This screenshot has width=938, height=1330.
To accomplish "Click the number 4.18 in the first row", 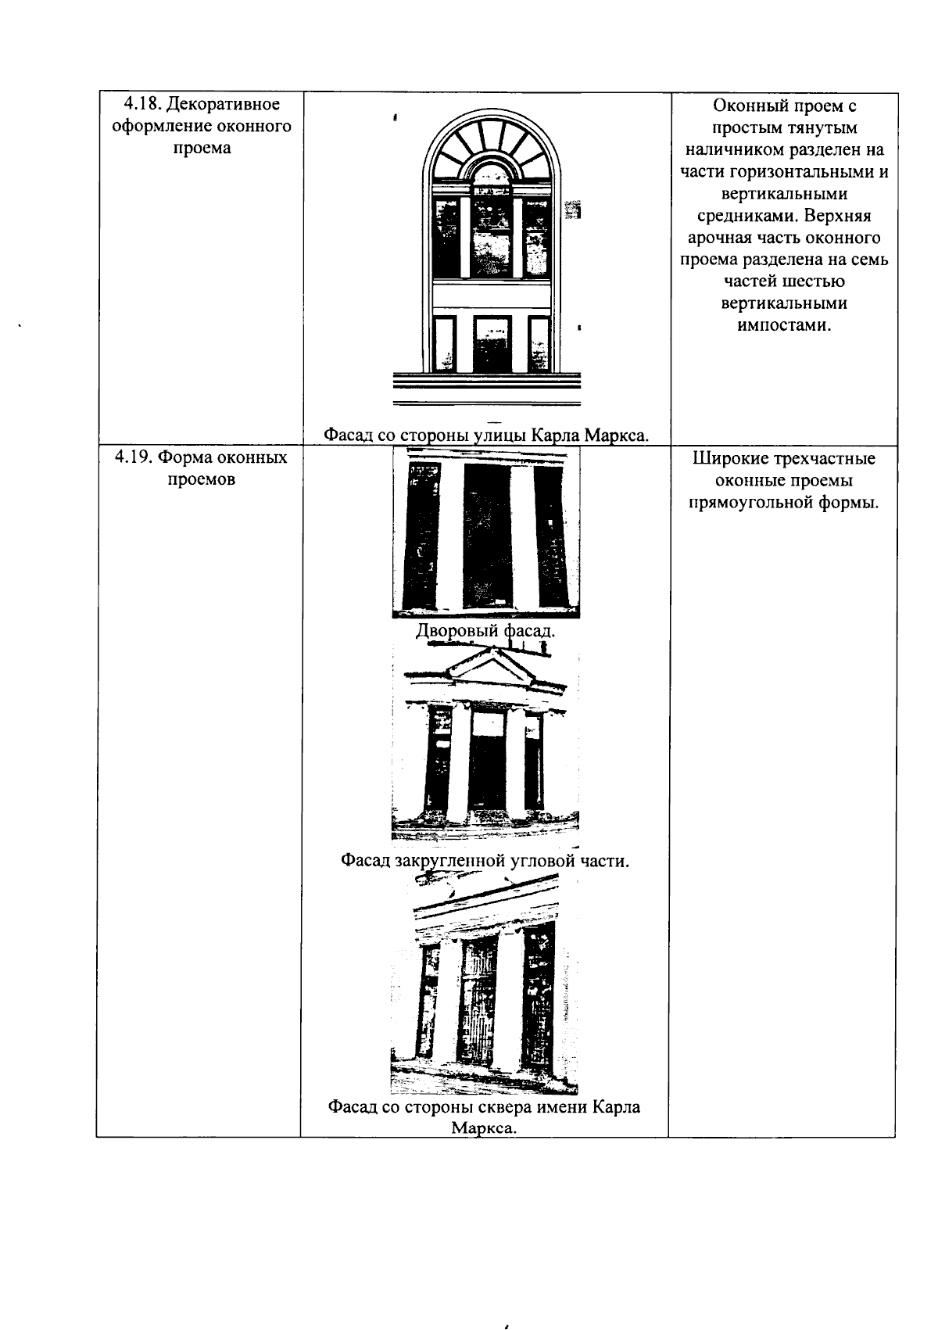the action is click(142, 104).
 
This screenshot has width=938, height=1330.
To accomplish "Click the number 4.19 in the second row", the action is click(134, 457).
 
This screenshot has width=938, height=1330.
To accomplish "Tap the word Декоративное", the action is click(224, 105).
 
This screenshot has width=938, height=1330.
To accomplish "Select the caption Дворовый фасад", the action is click(485, 630).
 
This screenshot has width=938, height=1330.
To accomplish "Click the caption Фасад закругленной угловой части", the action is click(485, 860).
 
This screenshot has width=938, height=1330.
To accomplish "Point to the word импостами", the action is click(784, 324).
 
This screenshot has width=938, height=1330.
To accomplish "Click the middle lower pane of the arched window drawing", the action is click(492, 344).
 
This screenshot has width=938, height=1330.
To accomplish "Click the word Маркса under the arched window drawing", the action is click(616, 436).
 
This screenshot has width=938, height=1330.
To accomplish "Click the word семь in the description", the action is click(871, 260).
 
